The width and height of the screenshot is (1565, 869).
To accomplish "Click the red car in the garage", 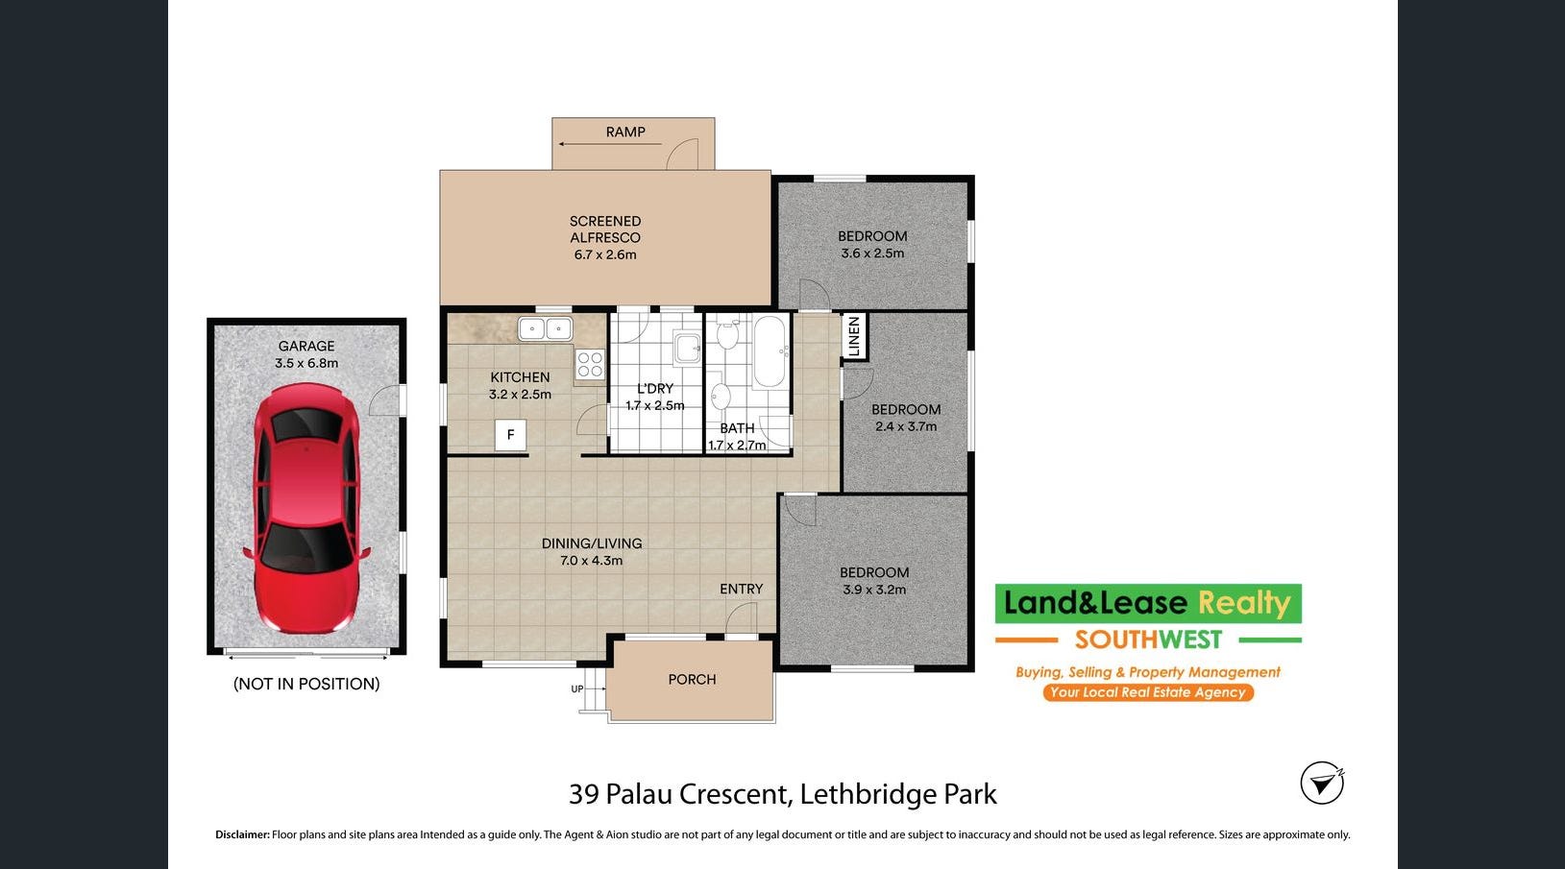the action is (306, 508).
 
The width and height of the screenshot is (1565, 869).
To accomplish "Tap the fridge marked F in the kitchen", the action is (511, 435).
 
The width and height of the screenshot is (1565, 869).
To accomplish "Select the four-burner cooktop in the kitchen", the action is (590, 365).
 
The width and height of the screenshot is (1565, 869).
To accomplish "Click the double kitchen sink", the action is (545, 328).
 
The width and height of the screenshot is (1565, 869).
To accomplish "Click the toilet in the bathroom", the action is (727, 334).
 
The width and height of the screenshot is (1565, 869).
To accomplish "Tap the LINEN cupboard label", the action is (854, 335).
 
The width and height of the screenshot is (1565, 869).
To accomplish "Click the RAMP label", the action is (625, 132).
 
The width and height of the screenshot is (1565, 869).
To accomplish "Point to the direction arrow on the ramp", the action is (609, 145).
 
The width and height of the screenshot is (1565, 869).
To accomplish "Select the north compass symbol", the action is (1322, 784).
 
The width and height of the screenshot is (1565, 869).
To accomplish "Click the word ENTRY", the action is (742, 589).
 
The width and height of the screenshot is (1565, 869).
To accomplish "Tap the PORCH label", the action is (692, 680).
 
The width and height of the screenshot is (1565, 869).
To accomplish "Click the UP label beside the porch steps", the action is (577, 688).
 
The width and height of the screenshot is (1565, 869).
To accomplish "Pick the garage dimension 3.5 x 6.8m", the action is (306, 363).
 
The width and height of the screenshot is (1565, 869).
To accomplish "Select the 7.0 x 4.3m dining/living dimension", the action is (591, 560).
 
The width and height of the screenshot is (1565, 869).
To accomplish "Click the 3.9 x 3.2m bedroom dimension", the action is (874, 590).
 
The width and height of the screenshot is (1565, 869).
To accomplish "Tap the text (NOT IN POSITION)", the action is (306, 684).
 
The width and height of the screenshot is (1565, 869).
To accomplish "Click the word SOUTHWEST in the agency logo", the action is (1148, 640).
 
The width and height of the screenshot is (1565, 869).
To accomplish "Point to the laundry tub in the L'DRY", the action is (687, 348).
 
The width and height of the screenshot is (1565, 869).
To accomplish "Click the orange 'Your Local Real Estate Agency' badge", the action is (1148, 692).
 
